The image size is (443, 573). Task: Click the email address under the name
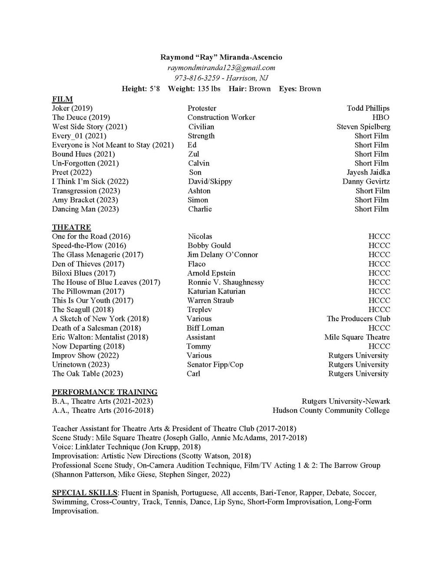[221, 67]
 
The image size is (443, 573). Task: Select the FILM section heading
[62, 99]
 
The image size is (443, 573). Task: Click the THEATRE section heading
[71, 227]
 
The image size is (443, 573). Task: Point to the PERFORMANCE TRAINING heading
[105, 392]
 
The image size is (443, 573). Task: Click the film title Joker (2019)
[72, 108]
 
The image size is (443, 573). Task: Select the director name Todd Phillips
[368, 108]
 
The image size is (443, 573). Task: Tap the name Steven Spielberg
[363, 127]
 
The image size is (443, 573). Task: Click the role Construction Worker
[221, 117]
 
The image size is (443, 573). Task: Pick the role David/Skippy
[210, 181]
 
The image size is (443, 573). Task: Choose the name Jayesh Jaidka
[368, 172]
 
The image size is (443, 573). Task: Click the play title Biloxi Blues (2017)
[83, 273]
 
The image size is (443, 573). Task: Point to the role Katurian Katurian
[216, 291]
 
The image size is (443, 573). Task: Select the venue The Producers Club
[358, 319]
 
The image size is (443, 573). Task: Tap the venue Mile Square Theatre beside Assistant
[357, 337]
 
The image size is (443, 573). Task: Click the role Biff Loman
[205, 328]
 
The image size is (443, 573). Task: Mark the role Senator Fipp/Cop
[215, 365]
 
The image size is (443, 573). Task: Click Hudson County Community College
[331, 411]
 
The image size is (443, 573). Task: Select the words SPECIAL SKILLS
[84, 493]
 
